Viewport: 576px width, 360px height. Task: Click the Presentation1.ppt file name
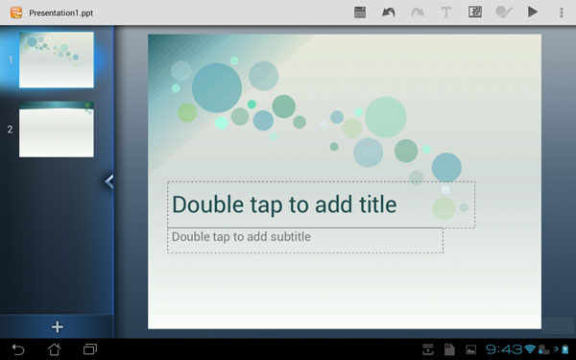click(61, 13)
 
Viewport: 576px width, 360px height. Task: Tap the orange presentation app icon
click(16, 12)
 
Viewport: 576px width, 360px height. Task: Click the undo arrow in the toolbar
click(388, 12)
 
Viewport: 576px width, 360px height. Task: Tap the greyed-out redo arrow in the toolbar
click(418, 12)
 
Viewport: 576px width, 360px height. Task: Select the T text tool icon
click(446, 12)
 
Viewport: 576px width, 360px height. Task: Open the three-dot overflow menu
click(562, 12)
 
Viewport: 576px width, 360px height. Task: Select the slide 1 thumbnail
click(57, 60)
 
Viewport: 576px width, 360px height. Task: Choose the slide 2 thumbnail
click(57, 130)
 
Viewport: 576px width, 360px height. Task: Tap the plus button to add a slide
click(57, 327)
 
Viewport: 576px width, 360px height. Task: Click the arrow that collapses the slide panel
click(109, 181)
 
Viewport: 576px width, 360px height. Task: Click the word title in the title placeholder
click(378, 204)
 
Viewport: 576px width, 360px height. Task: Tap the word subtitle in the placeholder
click(291, 236)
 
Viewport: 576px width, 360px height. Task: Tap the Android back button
click(17, 349)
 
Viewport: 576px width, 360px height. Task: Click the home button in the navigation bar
click(54, 349)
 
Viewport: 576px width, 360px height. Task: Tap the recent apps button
click(90, 349)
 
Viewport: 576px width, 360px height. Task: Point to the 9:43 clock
click(504, 349)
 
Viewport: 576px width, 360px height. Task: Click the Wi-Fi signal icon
click(530, 349)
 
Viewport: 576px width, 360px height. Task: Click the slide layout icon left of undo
click(360, 12)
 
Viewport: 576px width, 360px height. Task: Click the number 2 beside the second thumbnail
click(10, 130)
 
